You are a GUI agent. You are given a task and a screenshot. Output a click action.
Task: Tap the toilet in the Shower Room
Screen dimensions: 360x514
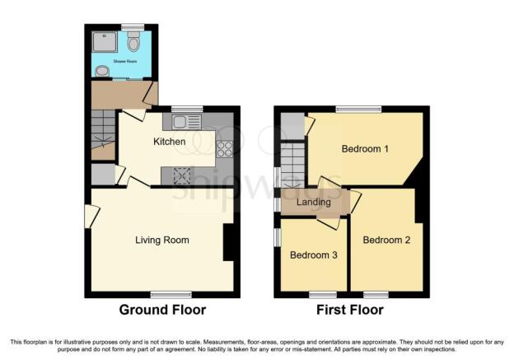click(133, 41)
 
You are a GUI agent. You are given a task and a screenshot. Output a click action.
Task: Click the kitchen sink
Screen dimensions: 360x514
click(186, 123)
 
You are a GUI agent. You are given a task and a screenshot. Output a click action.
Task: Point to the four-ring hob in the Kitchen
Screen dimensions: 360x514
click(224, 148)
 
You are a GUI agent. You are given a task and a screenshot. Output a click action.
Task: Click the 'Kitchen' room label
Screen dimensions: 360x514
click(170, 142)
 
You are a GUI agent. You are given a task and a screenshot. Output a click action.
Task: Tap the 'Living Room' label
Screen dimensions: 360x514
click(162, 241)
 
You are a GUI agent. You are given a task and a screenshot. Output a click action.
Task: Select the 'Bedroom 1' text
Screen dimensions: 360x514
click(365, 149)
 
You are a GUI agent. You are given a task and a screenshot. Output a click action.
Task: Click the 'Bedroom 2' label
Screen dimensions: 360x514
click(385, 241)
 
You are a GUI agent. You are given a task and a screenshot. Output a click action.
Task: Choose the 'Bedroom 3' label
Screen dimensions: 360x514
click(313, 255)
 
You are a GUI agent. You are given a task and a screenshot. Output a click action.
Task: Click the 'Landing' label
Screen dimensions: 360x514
click(314, 202)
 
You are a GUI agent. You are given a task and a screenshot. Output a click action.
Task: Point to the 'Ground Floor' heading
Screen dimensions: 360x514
click(162, 311)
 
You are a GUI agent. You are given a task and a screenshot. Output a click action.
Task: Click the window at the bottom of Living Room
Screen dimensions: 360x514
click(165, 293)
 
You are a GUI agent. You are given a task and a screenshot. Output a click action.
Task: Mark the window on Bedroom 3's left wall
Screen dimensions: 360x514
click(278, 236)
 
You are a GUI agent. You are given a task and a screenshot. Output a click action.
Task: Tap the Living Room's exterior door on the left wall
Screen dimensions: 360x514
click(89, 216)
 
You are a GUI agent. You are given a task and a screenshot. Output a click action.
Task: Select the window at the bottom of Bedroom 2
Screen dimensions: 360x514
click(376, 293)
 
